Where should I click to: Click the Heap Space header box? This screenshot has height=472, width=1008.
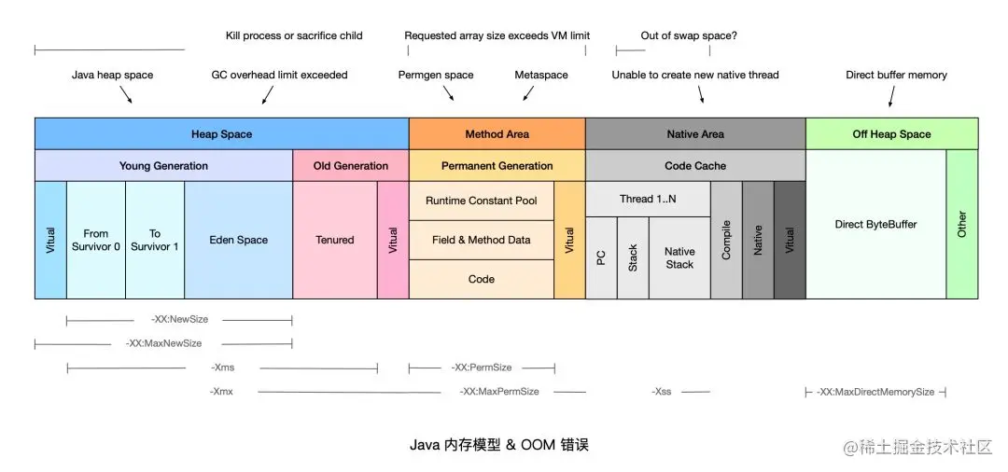click(x=221, y=134)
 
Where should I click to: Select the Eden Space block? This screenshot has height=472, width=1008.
click(x=239, y=240)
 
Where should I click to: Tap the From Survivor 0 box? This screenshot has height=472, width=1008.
click(x=96, y=240)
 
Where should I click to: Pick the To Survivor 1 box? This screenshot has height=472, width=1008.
click(x=155, y=240)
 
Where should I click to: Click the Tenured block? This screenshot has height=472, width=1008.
click(x=335, y=240)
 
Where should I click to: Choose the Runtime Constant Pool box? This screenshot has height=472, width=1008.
click(x=482, y=201)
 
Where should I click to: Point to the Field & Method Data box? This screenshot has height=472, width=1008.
click(x=482, y=240)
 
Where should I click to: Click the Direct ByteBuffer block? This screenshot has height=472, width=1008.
click(x=875, y=224)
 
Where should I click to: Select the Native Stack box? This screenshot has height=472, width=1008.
click(x=679, y=257)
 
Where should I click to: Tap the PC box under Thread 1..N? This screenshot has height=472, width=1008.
click(x=601, y=257)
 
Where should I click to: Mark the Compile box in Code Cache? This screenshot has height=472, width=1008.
click(x=726, y=240)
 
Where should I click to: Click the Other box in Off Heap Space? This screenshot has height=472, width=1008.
click(x=962, y=224)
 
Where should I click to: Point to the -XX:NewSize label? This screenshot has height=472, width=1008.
click(x=179, y=319)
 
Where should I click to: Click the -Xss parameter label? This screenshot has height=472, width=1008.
click(x=662, y=392)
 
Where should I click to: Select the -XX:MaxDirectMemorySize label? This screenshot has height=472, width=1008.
click(x=875, y=392)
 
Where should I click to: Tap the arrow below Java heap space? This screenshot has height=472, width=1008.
click(x=125, y=94)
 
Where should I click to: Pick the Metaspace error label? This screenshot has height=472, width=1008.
click(x=541, y=75)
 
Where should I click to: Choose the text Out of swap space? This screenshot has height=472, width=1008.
click(x=689, y=35)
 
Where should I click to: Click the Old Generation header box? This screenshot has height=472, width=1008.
click(x=351, y=166)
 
